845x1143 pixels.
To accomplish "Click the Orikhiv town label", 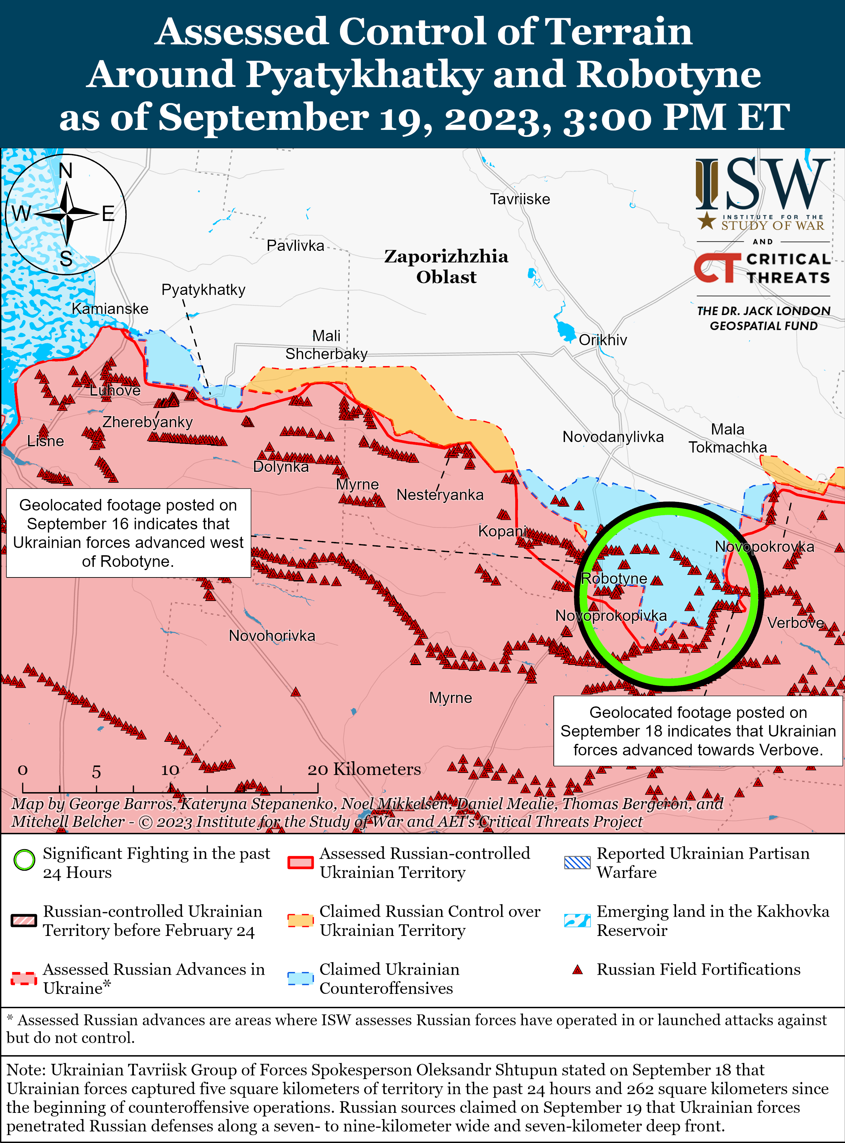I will [x=602, y=340].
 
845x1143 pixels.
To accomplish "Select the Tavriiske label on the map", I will [x=520, y=199].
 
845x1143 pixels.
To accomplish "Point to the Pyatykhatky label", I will [x=203, y=290].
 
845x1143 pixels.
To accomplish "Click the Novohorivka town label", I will [x=272, y=636].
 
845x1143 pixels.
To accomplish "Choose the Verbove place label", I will [x=795, y=623].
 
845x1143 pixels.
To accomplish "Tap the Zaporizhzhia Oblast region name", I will [x=446, y=266].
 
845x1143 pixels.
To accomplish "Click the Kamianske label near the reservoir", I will [x=110, y=309].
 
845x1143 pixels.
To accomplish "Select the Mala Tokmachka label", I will [x=727, y=438].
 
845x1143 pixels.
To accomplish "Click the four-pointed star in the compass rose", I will [x=67, y=214].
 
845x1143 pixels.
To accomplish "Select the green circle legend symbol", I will [x=24, y=860].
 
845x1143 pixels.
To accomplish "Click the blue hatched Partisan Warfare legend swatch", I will [x=577, y=862].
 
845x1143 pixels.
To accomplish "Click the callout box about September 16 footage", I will [x=128, y=533].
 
